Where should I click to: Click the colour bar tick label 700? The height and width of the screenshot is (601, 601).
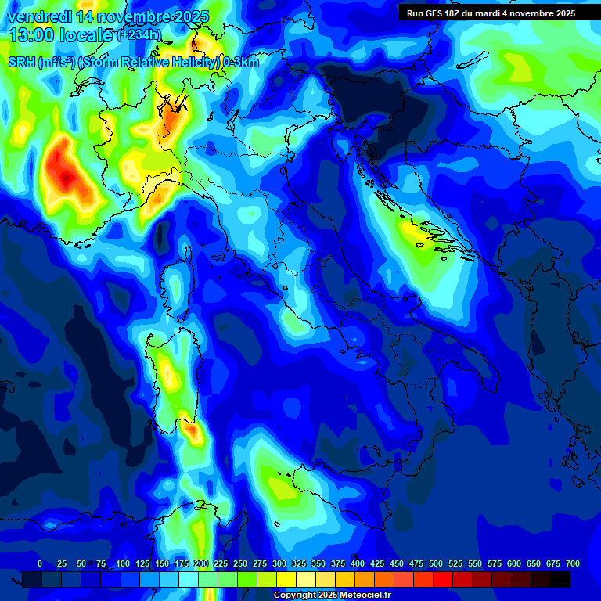[x=573, y=563]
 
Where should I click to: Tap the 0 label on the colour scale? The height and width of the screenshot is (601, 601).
[x=40, y=563]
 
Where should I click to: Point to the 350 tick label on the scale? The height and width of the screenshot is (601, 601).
[x=318, y=563]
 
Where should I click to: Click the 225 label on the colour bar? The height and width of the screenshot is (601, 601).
[x=221, y=563]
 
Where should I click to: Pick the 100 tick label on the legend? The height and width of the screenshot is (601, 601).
[x=123, y=563]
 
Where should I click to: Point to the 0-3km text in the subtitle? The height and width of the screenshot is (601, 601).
[x=241, y=63]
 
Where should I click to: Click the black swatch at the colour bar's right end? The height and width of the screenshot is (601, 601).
[x=560, y=579]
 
